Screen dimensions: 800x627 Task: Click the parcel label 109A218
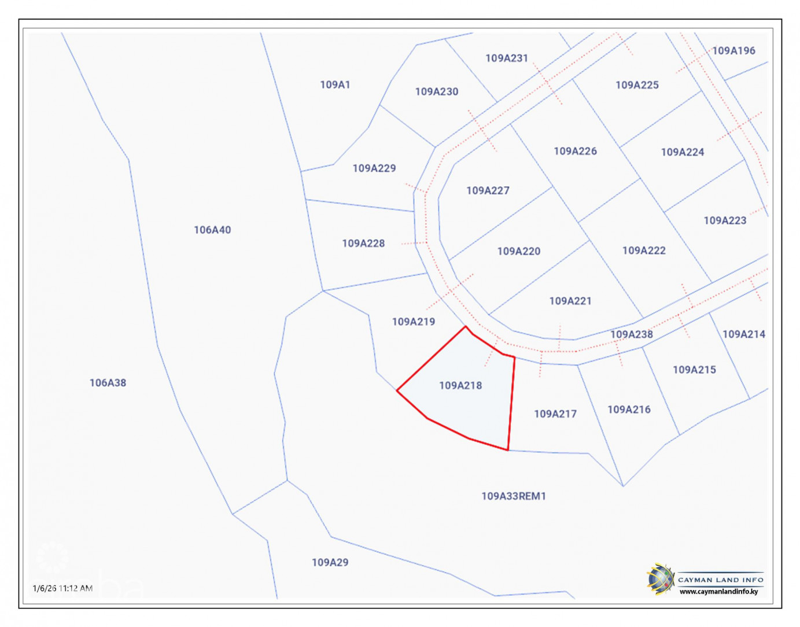click(460, 385)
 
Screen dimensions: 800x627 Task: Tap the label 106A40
click(212, 230)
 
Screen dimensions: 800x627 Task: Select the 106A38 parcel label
click(108, 382)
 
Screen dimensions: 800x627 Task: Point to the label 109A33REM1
click(514, 496)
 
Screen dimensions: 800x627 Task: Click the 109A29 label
click(330, 562)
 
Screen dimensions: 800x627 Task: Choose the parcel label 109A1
click(335, 84)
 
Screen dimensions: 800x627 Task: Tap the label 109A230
click(436, 91)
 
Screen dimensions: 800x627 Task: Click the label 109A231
click(507, 58)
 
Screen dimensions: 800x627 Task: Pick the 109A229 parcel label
click(374, 168)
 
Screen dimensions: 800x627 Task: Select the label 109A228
click(363, 244)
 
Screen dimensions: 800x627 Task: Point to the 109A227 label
click(488, 190)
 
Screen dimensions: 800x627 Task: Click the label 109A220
click(518, 251)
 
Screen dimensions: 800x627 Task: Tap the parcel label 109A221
click(570, 301)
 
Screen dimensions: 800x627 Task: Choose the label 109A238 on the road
click(632, 334)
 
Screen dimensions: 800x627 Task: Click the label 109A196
click(733, 51)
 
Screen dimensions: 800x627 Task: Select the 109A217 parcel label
click(555, 414)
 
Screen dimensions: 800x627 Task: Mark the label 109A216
click(629, 410)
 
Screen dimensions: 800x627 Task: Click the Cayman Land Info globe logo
click(661, 579)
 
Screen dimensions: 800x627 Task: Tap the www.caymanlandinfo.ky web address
click(718, 592)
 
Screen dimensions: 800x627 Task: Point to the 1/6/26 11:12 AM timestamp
click(62, 588)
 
